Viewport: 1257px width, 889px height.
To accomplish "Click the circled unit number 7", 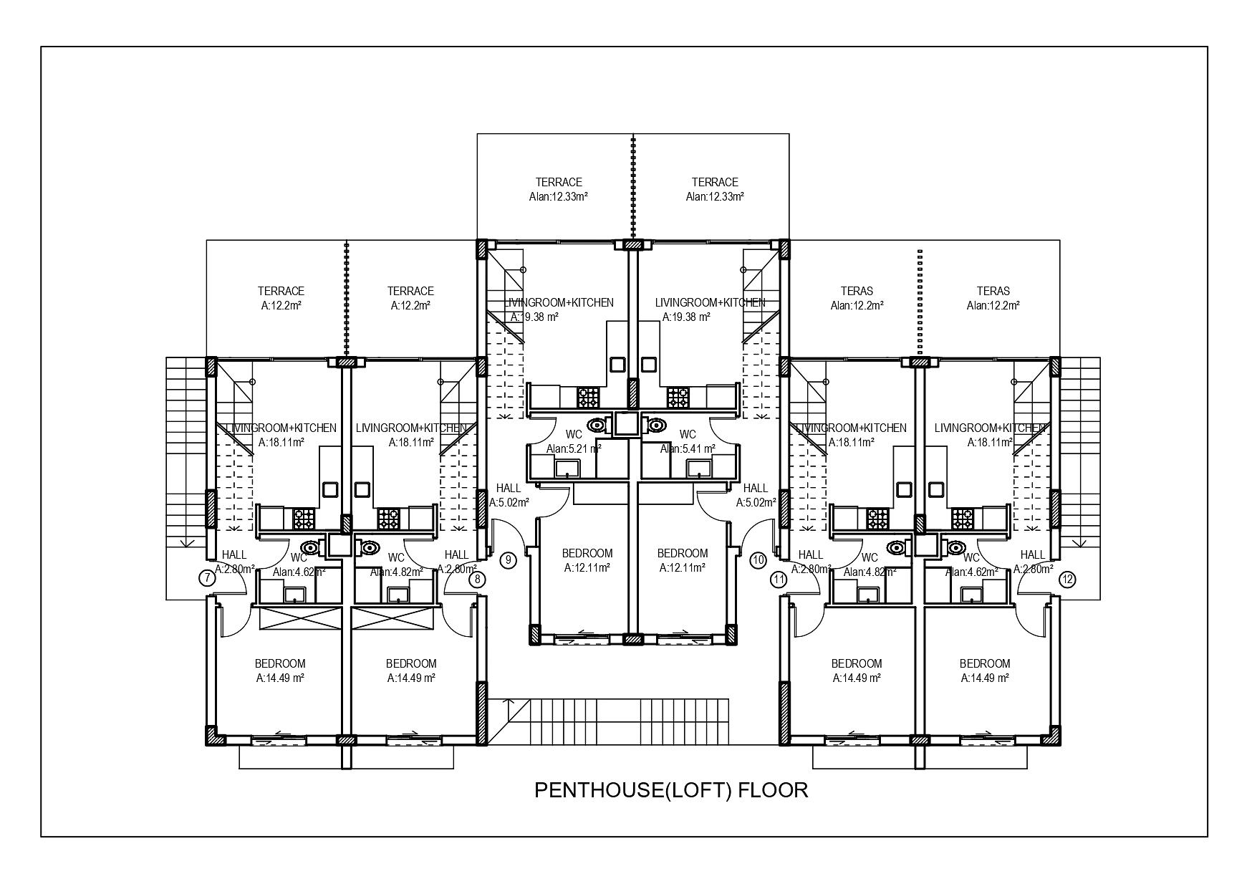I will (207, 577).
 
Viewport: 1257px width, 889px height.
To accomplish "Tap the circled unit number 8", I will (478, 579).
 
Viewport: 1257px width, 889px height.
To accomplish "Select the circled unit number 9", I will (508, 559).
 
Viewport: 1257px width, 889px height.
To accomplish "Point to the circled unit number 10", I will (758, 559).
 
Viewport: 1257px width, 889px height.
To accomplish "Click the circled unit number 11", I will (779, 579).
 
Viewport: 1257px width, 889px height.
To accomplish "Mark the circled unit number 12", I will (1068, 579).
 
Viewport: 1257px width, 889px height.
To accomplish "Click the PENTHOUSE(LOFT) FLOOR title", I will (671, 790).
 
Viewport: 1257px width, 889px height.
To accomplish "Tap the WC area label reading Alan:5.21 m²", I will (573, 449).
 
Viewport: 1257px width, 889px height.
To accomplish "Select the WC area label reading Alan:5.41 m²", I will (687, 449).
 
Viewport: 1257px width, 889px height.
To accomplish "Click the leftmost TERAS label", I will (857, 291).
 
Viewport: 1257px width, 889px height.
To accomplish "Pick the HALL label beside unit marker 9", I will (509, 489).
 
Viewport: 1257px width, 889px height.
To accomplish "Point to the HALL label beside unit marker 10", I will (756, 489).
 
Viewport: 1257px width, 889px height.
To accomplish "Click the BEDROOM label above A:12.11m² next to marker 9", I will (587, 553).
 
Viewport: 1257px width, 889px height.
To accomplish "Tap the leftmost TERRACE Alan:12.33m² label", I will (558, 189).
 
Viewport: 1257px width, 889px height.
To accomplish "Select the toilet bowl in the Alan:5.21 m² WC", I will (596, 426).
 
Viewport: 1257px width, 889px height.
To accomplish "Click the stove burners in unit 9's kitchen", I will (588, 396).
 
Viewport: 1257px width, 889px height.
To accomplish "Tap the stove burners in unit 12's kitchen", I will (962, 517).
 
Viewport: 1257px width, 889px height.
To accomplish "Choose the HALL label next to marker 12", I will (1032, 554).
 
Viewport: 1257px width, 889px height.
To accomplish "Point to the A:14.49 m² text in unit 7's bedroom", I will (280, 678).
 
